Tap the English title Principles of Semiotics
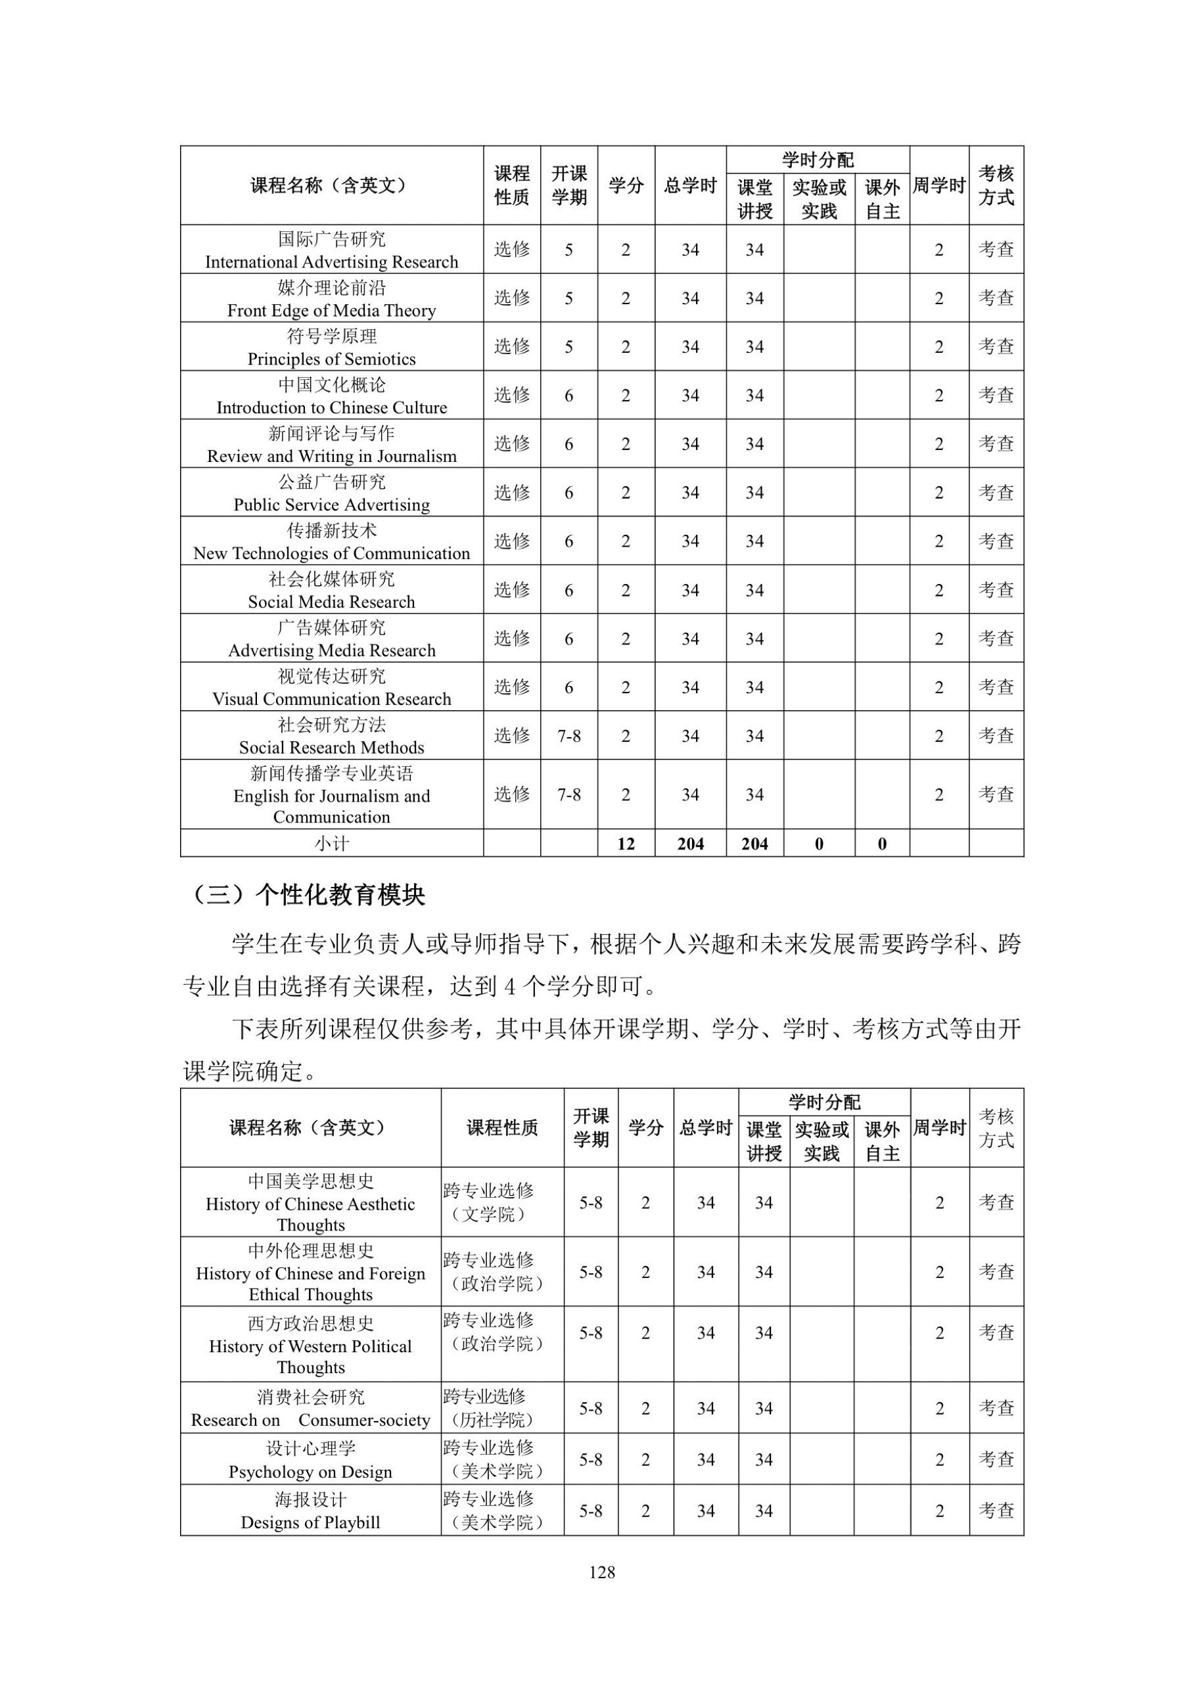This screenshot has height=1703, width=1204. pyautogui.click(x=332, y=359)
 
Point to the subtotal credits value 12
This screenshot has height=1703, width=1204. pyautogui.click(x=626, y=844)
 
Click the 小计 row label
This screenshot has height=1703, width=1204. pyautogui.click(x=332, y=844)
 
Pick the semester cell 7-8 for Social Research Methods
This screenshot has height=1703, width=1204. pyautogui.click(x=569, y=736)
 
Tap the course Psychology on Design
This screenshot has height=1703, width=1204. pyautogui.click(x=310, y=1472)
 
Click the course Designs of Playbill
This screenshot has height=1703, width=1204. pyautogui.click(x=310, y=1523)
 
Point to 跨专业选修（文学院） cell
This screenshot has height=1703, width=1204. pyautogui.click(x=490, y=1202)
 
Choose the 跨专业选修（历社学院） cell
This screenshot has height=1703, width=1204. pyautogui.click(x=490, y=1409)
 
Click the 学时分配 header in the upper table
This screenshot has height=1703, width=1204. pyautogui.click(x=818, y=160)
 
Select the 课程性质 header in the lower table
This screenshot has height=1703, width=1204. pyautogui.click(x=502, y=1128)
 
